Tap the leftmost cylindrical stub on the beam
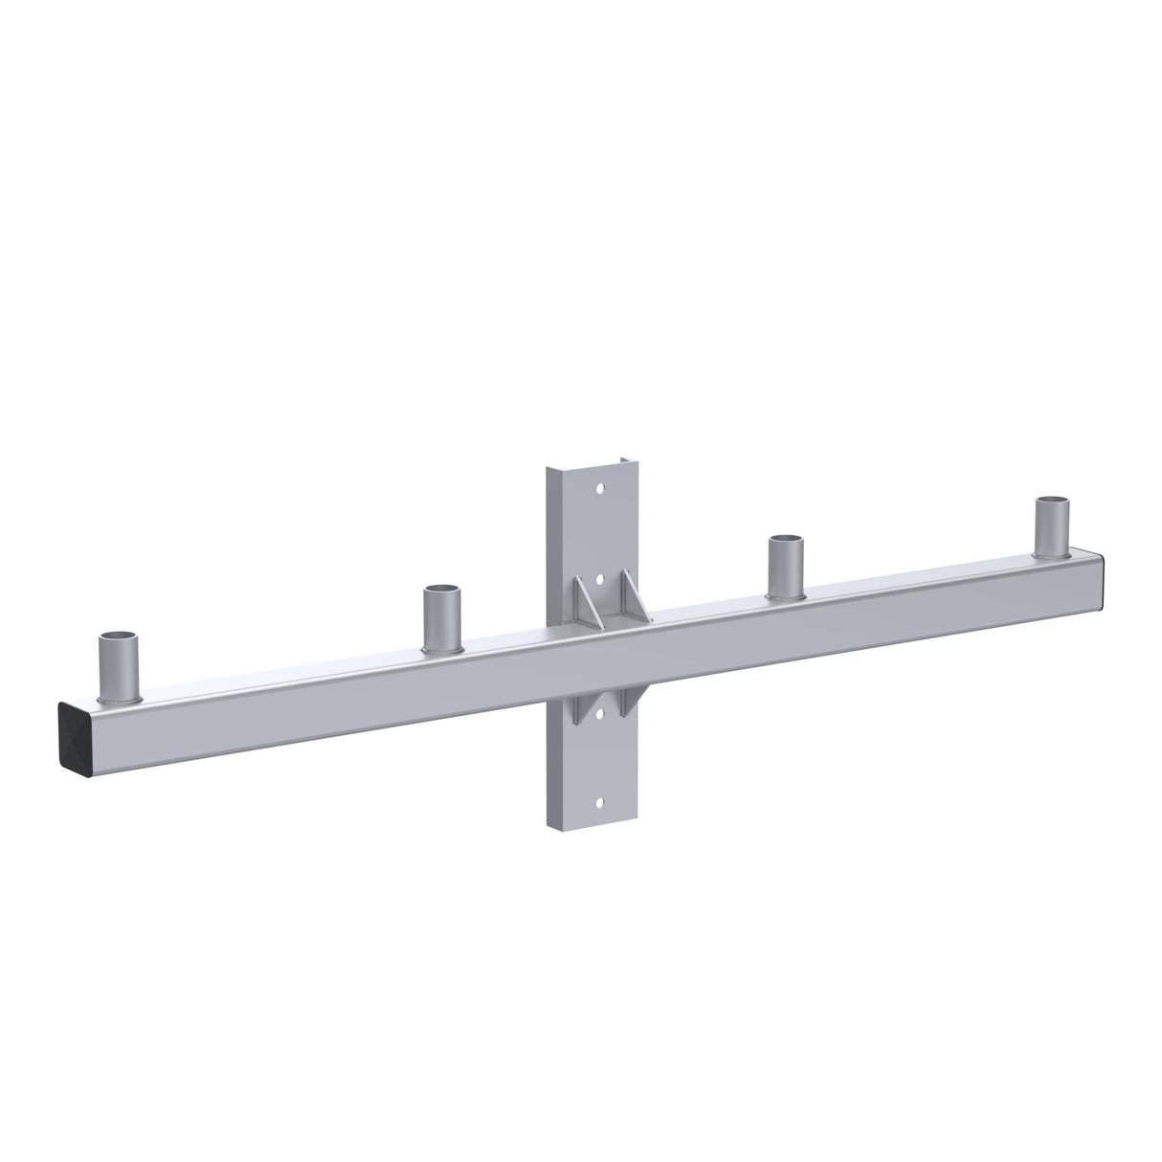click(120, 665)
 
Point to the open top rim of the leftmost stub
click(120, 637)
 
